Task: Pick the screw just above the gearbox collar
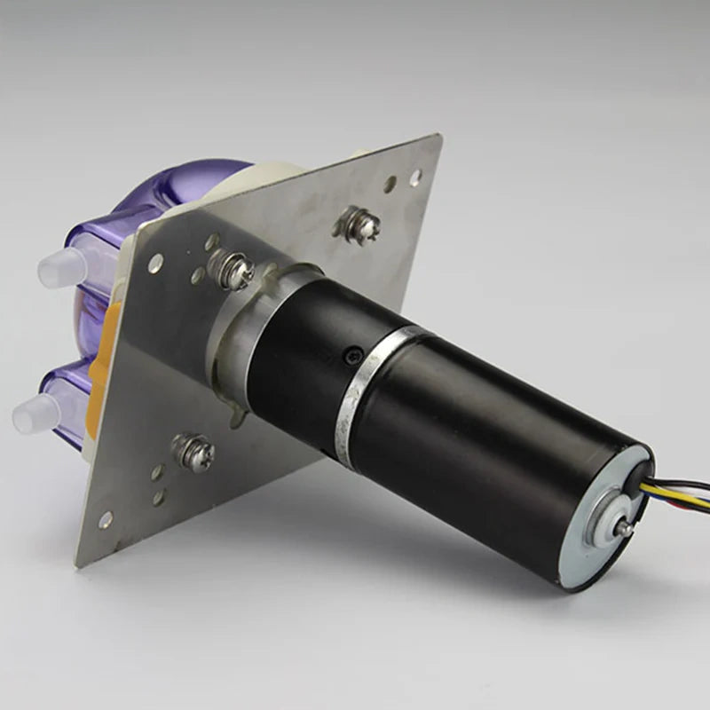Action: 233,270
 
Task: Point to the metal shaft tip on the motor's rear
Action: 625,528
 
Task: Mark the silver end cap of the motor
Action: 603,532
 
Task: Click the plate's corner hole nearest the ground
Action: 106,517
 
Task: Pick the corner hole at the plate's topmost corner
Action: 415,177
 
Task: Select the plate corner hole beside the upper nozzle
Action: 155,263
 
